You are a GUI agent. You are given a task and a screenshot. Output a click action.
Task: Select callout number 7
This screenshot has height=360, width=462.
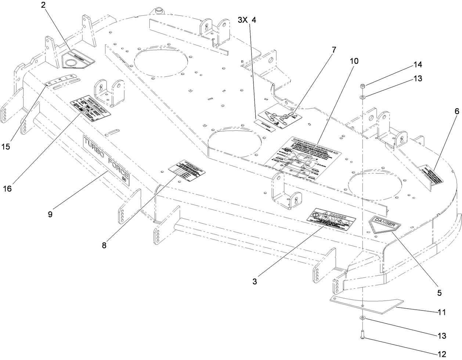[334, 50]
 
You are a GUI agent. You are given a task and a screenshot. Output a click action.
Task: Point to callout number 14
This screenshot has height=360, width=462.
[407, 65]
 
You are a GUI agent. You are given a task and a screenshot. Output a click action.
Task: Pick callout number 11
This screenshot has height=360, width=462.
[441, 312]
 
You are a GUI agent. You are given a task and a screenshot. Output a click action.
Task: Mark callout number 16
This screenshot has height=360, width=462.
[7, 189]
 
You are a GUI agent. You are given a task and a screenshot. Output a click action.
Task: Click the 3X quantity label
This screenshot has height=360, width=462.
[243, 20]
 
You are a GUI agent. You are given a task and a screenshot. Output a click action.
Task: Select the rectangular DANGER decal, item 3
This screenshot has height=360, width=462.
[331, 220]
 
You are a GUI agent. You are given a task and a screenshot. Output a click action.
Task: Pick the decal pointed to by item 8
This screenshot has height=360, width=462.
[187, 170]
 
